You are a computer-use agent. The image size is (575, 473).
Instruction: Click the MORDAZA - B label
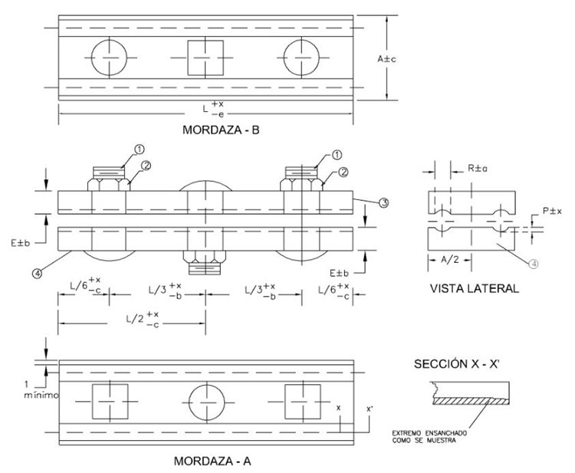[x=221, y=130]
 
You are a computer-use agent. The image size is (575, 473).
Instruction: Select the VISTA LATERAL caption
[x=474, y=289]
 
